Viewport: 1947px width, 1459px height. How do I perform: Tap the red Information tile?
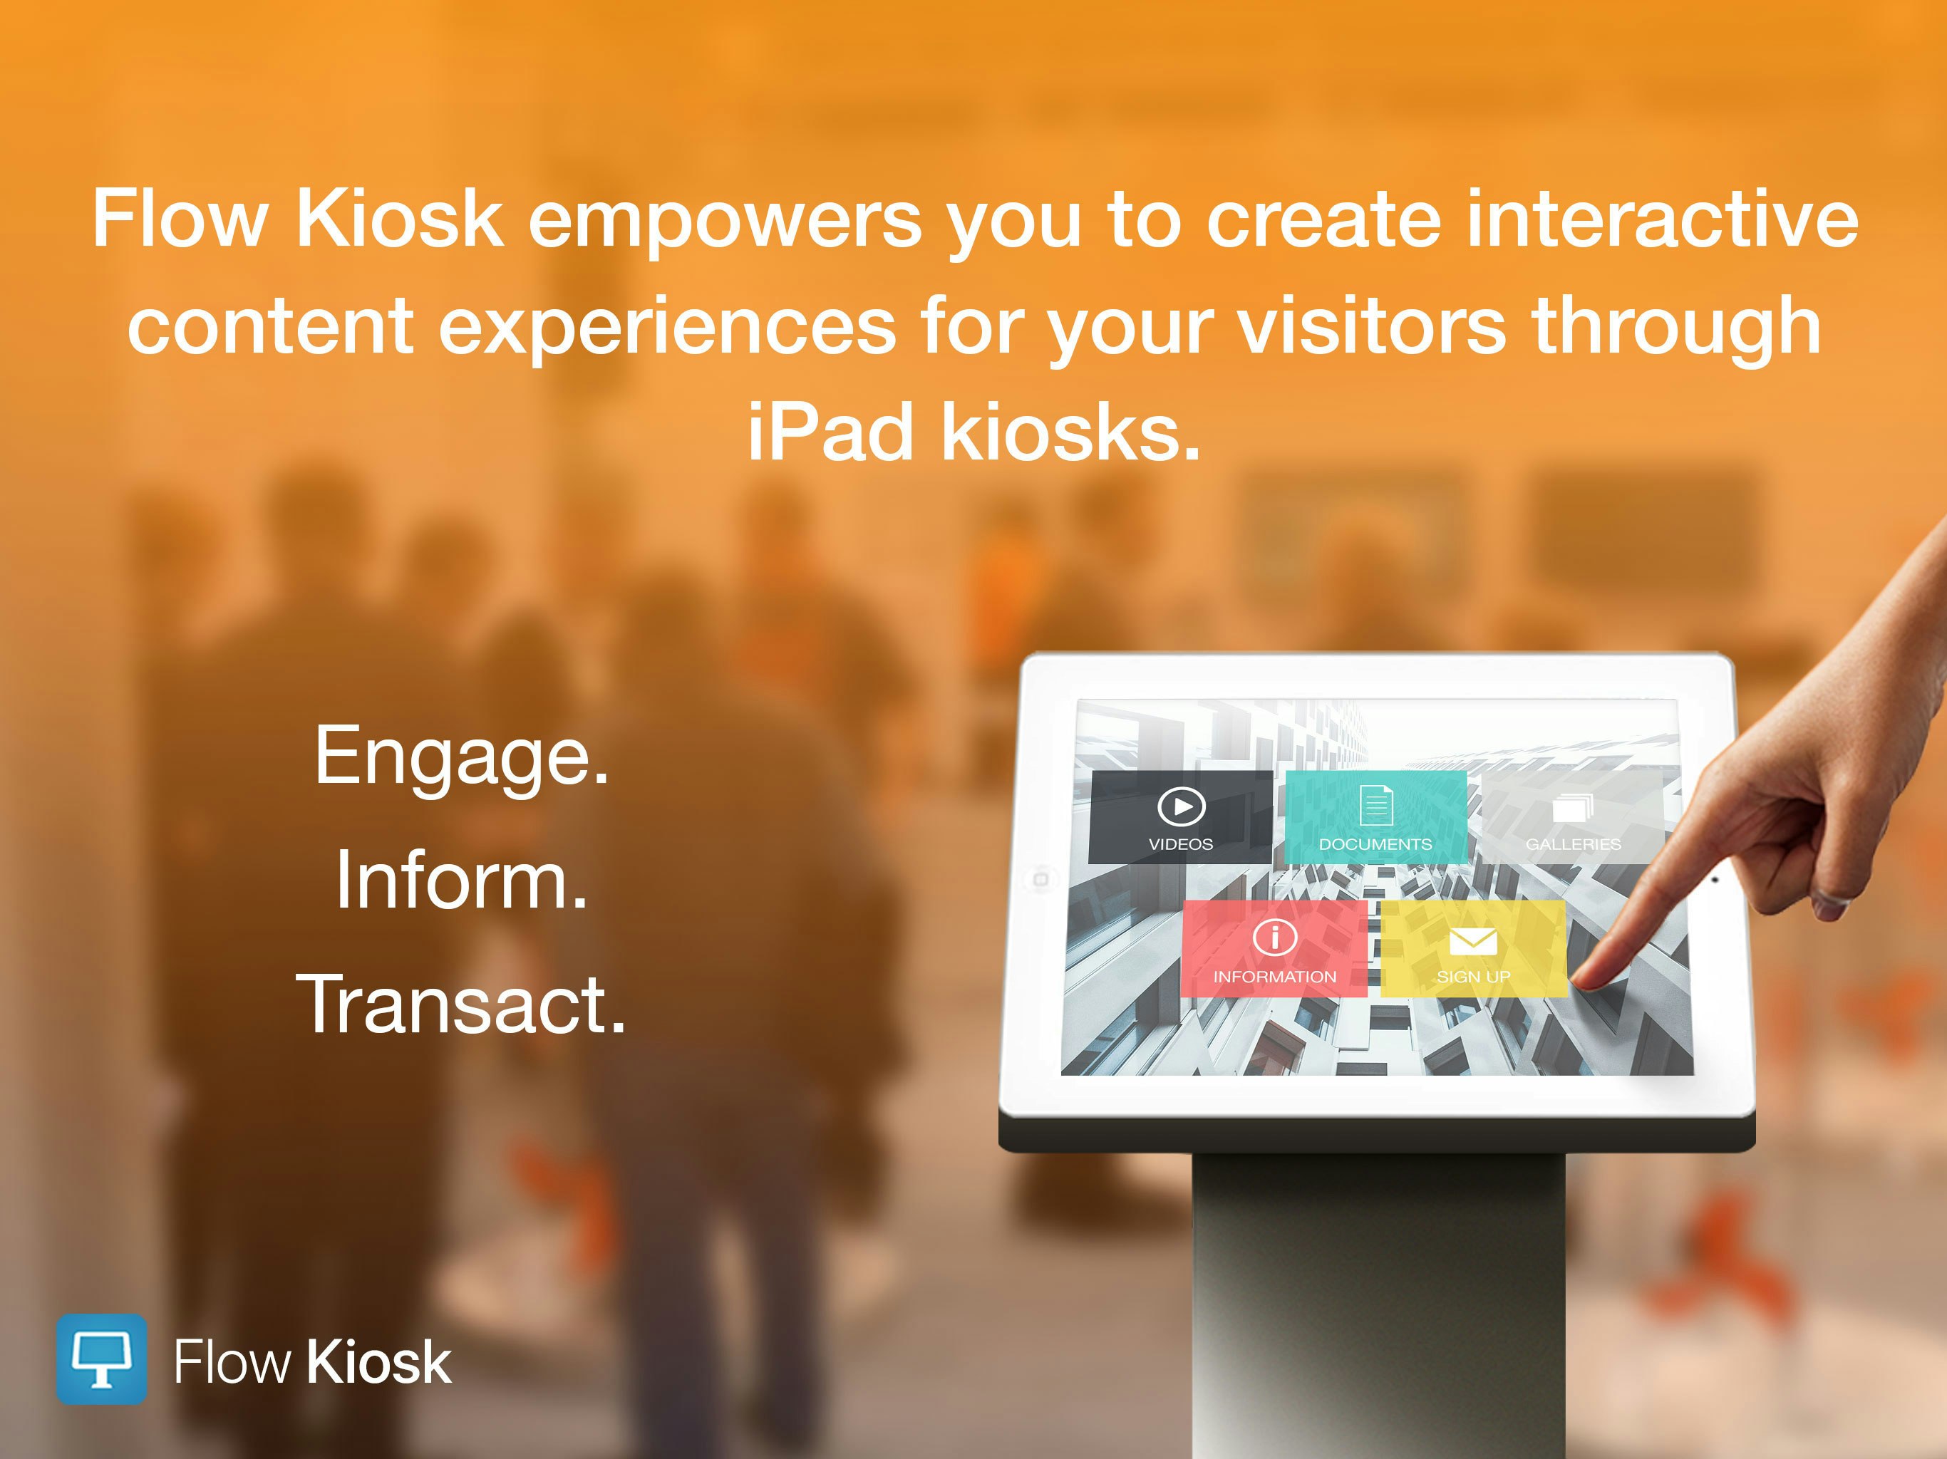point(1274,949)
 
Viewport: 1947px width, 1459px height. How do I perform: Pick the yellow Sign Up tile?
point(1474,949)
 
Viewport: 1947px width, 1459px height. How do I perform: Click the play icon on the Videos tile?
point(1181,806)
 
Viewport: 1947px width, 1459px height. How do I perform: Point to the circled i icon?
point(1274,936)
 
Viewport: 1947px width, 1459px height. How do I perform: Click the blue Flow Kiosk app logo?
point(101,1359)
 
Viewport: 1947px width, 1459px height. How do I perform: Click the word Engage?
point(461,756)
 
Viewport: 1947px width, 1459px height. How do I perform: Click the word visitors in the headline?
point(1371,326)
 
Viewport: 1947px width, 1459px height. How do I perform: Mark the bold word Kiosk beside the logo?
point(378,1362)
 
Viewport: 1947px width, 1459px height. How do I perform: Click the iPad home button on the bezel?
point(1040,879)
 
